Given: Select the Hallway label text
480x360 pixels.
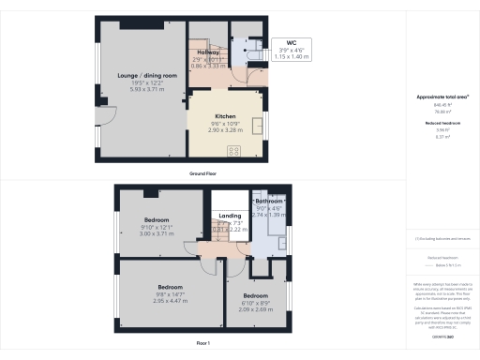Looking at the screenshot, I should point(207,52).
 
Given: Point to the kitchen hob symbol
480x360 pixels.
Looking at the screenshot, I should point(232,151).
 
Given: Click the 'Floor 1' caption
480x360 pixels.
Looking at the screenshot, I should point(202,344).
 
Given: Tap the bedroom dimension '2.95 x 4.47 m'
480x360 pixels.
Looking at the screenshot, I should point(170,301).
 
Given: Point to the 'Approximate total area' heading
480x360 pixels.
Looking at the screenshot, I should point(442,97).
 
